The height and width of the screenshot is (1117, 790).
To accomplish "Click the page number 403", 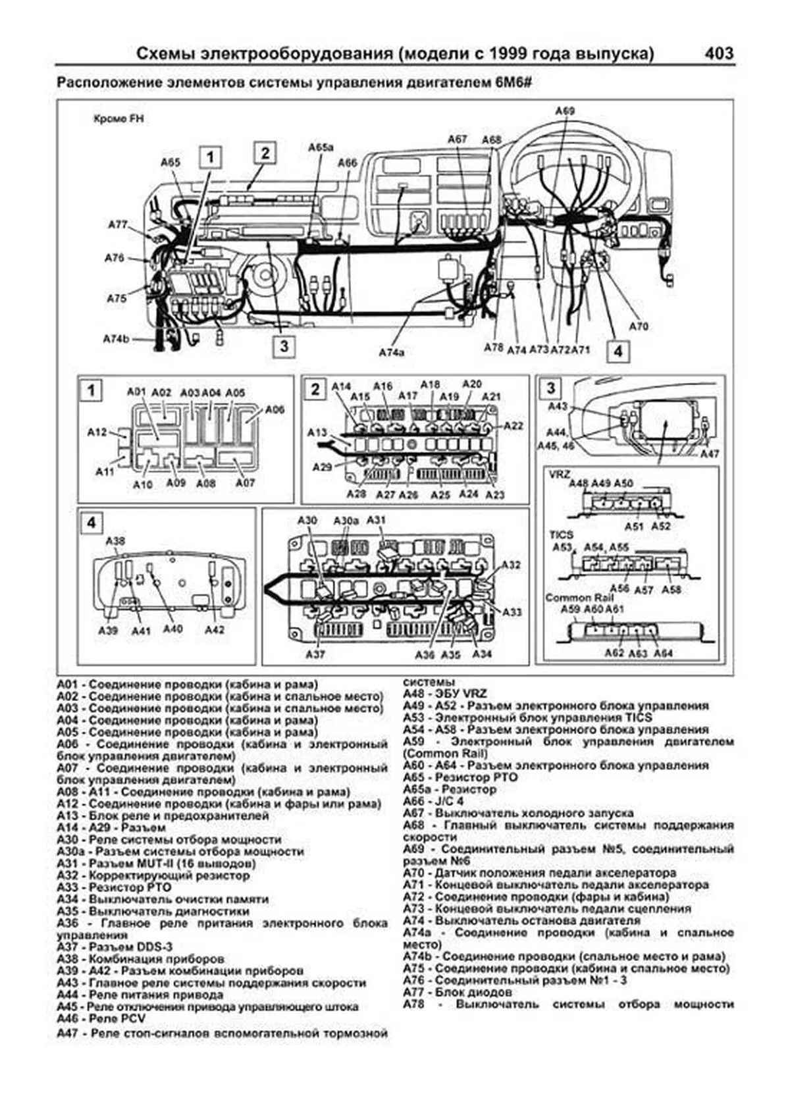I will [718, 53].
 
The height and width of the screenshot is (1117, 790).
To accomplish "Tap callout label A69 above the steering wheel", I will [565, 111].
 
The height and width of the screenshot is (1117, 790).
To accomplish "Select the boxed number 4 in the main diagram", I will [618, 351].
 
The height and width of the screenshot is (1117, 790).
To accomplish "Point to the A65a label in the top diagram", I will [321, 147].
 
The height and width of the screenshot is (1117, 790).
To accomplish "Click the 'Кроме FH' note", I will [118, 119].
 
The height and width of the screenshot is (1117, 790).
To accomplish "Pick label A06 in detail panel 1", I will [275, 409].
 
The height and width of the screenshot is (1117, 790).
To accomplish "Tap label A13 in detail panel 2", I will [317, 432].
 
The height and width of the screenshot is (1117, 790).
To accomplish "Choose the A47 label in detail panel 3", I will [709, 454].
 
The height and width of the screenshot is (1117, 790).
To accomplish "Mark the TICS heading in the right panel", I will [562, 535].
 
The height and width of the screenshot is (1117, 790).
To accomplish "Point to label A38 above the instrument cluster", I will [116, 541].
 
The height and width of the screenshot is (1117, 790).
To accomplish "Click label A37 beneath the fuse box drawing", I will [315, 654].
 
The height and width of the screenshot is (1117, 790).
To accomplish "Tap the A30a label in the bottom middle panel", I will [346, 520].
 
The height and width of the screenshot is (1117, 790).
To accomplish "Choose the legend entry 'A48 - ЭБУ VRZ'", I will [445, 694].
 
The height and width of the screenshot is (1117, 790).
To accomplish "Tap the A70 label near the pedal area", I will [639, 326].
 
